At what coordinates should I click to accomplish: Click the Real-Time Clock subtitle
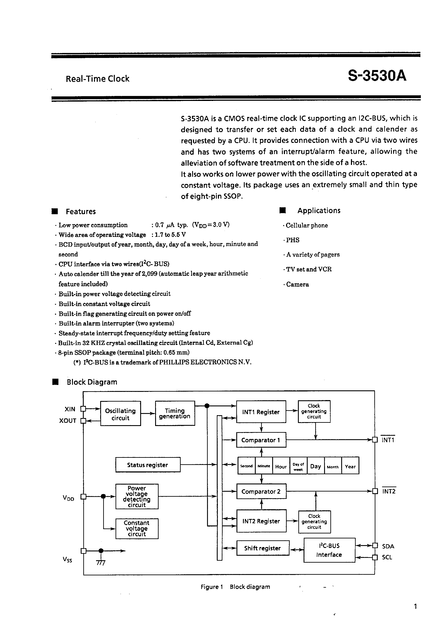point(98,79)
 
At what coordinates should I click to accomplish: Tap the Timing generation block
point(175,413)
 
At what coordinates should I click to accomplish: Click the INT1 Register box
point(261,412)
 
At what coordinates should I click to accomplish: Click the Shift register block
point(262,548)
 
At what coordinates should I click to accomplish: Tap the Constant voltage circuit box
point(137,528)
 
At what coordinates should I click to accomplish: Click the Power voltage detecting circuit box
point(137,496)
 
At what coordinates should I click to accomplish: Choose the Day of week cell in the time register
point(298,466)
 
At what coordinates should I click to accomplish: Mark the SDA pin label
point(388,546)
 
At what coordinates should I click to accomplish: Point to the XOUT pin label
point(68,421)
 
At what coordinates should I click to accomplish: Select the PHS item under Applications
point(292,240)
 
